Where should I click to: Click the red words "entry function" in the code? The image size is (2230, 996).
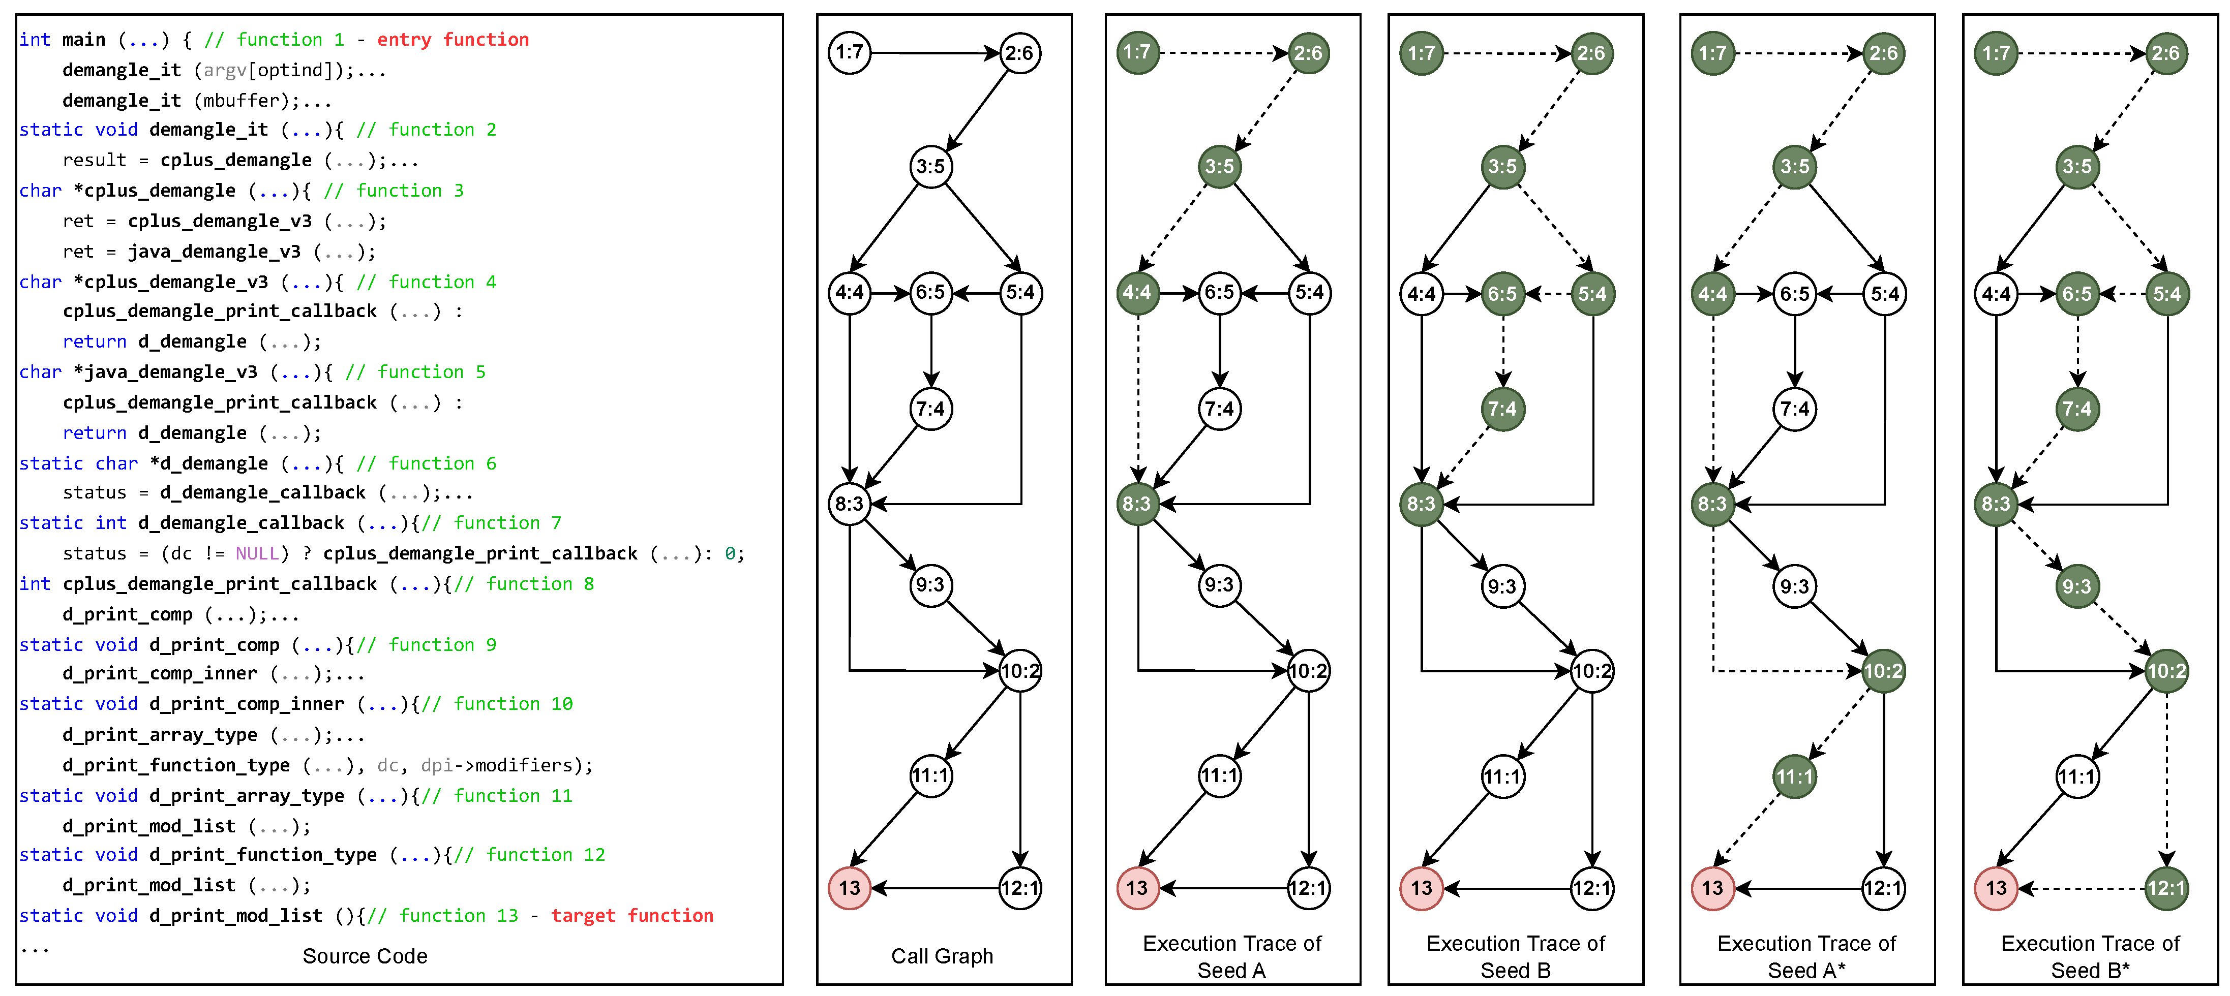(452, 40)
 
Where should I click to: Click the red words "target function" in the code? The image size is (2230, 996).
(632, 916)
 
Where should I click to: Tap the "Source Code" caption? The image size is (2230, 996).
(365, 956)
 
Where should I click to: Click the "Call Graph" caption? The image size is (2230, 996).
(942, 956)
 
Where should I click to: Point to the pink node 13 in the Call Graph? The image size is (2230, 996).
(849, 888)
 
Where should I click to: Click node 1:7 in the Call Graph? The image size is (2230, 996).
(849, 53)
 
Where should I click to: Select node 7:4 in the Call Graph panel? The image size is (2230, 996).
(930, 409)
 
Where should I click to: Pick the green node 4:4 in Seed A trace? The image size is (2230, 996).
(1137, 293)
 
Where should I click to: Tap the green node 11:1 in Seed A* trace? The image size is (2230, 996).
(1795, 776)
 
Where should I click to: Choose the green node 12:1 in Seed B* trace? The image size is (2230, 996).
(2166, 888)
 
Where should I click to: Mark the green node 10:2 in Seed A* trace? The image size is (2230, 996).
(1883, 671)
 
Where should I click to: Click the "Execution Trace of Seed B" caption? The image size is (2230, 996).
(1515, 956)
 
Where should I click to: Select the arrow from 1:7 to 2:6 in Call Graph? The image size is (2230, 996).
(935, 53)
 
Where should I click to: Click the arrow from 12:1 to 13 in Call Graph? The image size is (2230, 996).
(935, 888)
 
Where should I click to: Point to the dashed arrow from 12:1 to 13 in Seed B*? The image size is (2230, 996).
(2082, 888)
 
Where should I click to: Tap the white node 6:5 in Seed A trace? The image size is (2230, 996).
(1219, 293)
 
